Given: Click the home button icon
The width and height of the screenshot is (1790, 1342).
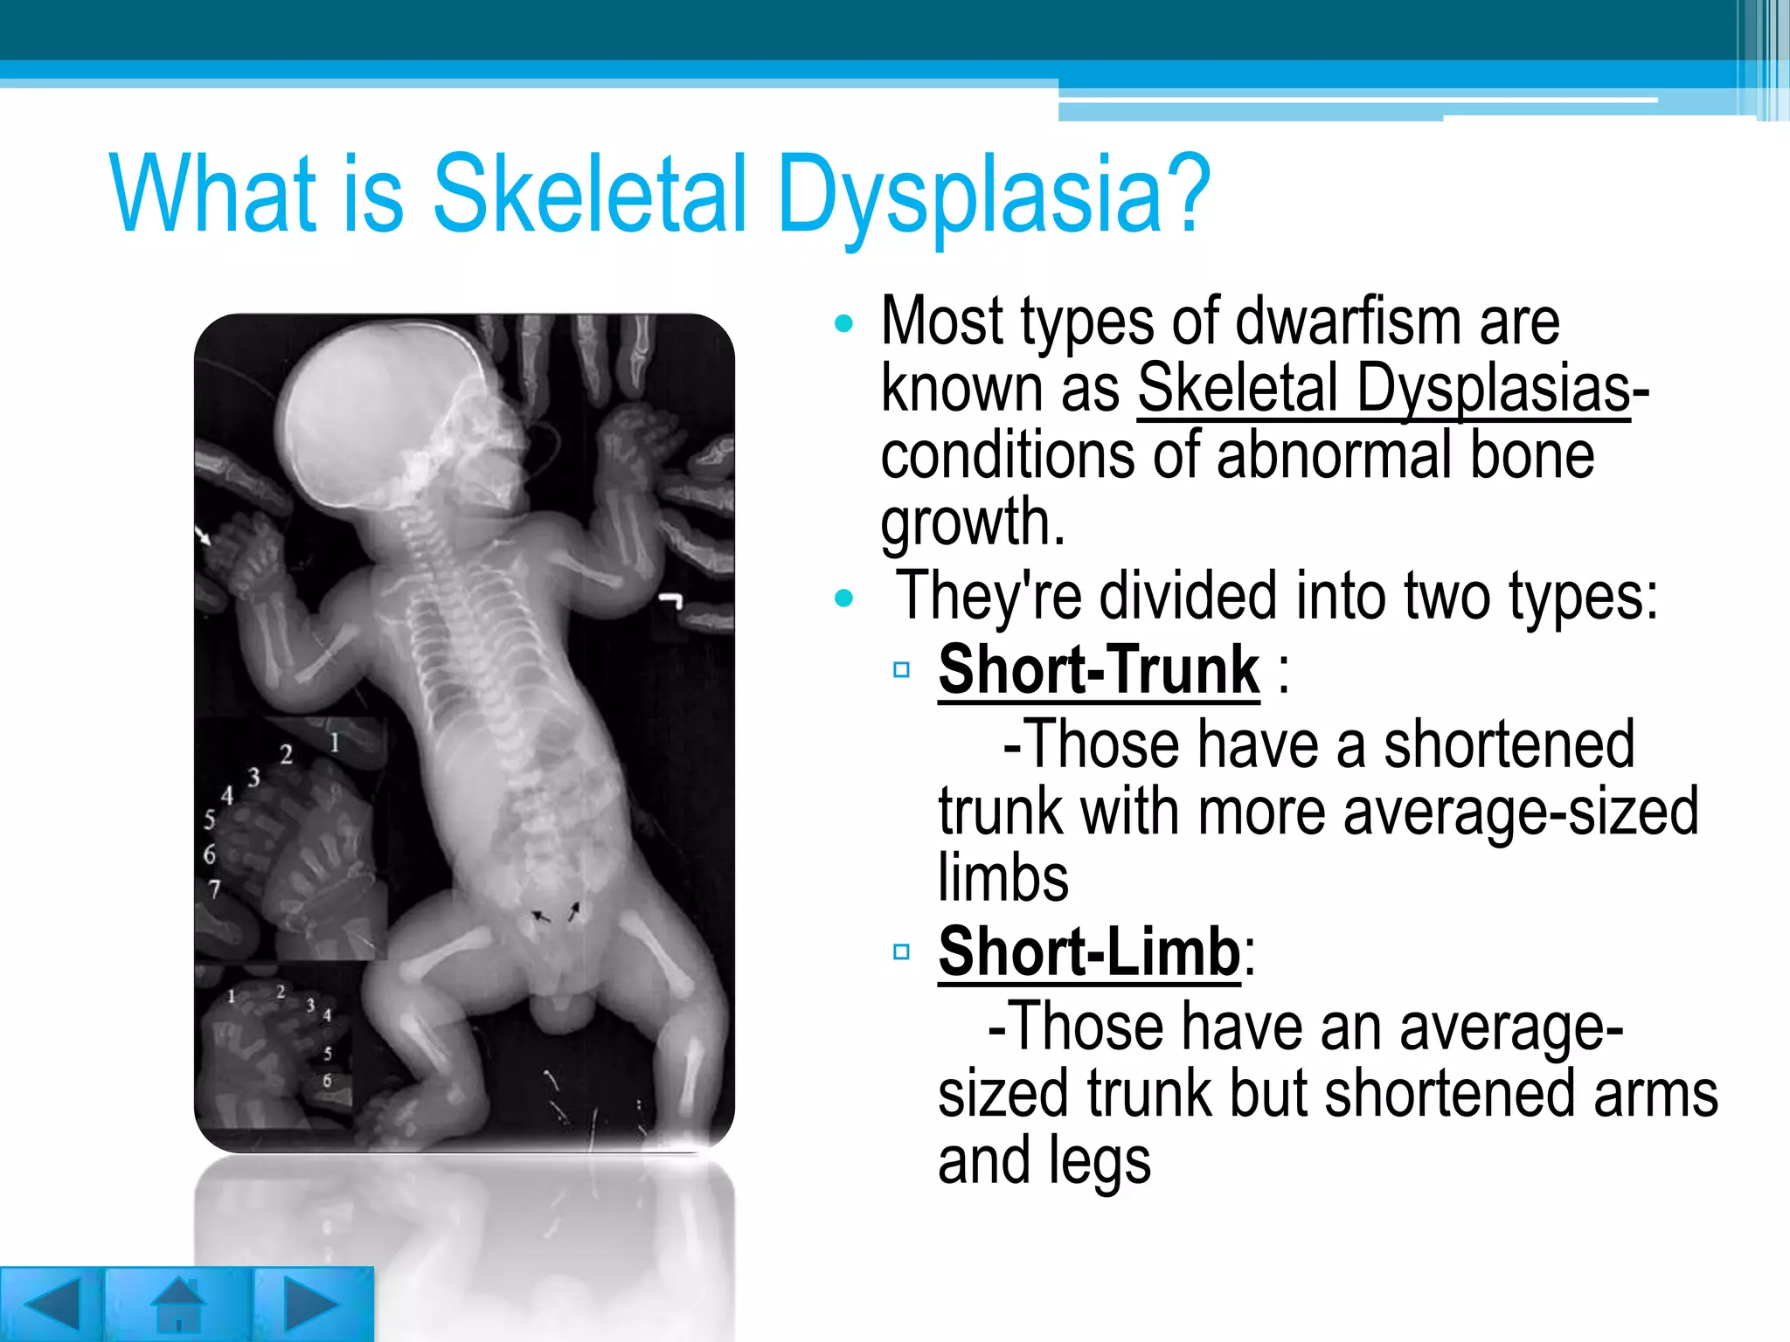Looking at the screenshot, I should [x=179, y=1304].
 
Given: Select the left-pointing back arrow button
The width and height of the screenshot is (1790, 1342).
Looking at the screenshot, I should [x=52, y=1304].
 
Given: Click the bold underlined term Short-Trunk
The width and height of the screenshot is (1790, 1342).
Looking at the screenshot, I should [x=1099, y=670].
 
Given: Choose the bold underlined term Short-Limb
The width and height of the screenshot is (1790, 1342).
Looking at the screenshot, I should [x=1089, y=951].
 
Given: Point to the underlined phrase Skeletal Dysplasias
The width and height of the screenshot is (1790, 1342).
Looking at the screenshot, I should [x=1384, y=388].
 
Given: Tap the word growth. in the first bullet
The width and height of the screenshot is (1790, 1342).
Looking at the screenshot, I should [x=973, y=522].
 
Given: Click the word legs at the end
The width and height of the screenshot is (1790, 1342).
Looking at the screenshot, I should [x=1100, y=1160].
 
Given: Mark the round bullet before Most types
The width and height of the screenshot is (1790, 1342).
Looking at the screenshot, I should [x=843, y=324].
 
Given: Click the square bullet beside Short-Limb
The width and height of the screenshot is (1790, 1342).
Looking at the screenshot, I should [x=902, y=951].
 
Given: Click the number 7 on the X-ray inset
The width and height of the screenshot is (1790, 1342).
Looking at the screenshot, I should [x=214, y=889].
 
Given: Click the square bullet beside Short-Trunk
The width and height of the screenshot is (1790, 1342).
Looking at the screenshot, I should [x=902, y=670].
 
